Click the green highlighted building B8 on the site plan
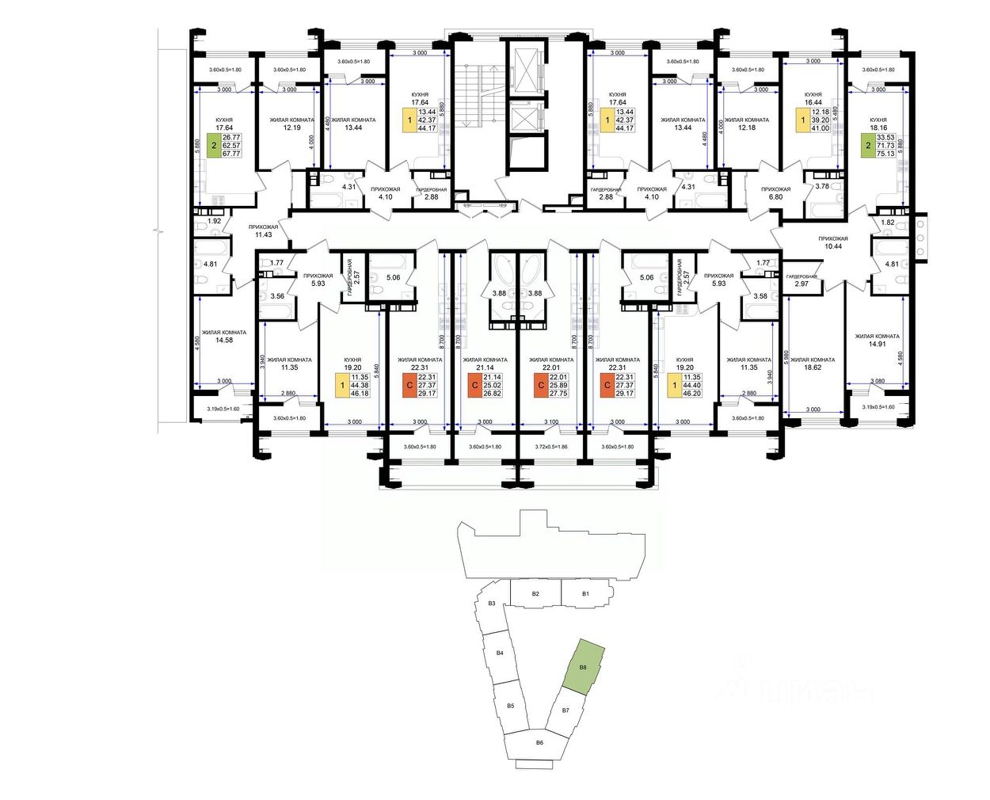point(584,667)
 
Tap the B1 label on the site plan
point(586,593)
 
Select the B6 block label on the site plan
point(539,742)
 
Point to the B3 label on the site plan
point(491,604)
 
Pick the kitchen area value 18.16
point(878,128)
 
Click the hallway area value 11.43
point(264,234)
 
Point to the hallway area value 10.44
point(833,246)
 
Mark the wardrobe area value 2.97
point(802,284)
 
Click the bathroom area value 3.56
point(277,296)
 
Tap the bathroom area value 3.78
point(822,187)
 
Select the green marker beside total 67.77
point(212,146)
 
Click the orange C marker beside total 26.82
point(474,386)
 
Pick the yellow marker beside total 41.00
point(802,120)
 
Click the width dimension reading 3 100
point(551,421)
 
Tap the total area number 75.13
point(885,154)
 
